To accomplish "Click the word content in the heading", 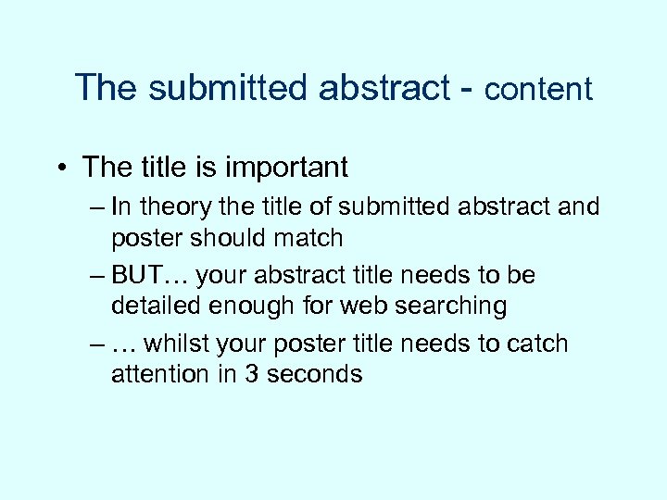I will [x=537, y=89].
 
